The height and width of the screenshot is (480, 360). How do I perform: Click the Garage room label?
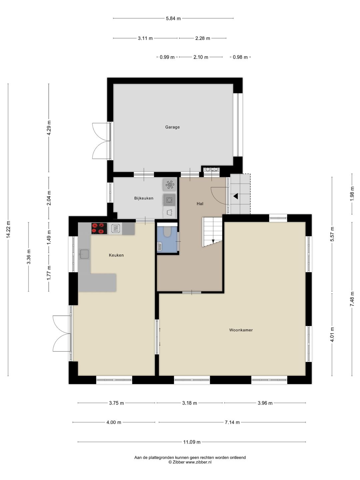[172, 127]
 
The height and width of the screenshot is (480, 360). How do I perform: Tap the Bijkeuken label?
[144, 198]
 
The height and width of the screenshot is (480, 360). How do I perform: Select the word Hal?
[200, 204]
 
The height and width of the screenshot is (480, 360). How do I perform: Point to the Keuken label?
[116, 255]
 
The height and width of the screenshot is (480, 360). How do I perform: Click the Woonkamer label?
[241, 330]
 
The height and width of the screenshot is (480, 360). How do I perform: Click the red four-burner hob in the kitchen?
[99, 228]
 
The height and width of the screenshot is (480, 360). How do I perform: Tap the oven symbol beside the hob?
[115, 229]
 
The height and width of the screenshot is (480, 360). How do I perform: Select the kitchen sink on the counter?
[84, 254]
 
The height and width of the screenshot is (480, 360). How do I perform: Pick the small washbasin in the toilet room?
[159, 246]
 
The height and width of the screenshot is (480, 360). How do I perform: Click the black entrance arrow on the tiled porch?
[235, 196]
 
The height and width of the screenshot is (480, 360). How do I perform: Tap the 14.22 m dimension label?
[8, 229]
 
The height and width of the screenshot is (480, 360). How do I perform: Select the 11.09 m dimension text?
[192, 442]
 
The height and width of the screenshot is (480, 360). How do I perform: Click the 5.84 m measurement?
[173, 18]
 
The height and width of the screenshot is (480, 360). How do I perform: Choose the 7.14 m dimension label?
[232, 422]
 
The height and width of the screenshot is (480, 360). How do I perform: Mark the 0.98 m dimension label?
[240, 57]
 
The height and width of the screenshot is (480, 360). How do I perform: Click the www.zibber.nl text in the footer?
[198, 462]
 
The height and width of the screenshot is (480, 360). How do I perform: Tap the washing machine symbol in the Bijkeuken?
[169, 200]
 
